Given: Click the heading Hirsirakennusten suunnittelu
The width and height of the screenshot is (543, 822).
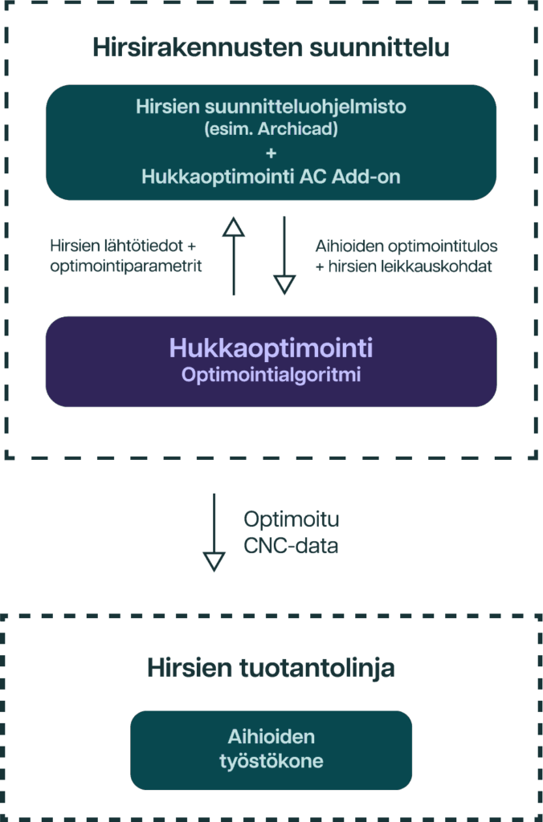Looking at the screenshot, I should pyautogui.click(x=271, y=47).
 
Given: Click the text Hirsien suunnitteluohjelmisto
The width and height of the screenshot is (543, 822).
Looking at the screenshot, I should pyautogui.click(x=271, y=107).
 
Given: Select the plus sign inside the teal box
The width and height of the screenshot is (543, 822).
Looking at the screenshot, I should pyautogui.click(x=271, y=152).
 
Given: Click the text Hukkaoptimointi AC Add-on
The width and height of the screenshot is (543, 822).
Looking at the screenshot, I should pyautogui.click(x=271, y=177).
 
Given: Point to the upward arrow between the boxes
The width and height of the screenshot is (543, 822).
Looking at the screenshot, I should pyautogui.click(x=233, y=255).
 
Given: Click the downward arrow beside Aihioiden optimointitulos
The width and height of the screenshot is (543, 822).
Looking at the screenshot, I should pyautogui.click(x=284, y=255).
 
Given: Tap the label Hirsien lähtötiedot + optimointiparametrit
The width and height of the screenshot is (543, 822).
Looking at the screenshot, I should pyautogui.click(x=125, y=256).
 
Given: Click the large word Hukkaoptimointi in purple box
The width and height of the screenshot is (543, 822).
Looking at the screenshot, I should pyautogui.click(x=271, y=348).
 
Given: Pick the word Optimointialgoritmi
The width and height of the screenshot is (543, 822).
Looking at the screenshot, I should pyautogui.click(x=271, y=374).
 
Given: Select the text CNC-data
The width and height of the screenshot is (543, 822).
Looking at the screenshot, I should pyautogui.click(x=291, y=546).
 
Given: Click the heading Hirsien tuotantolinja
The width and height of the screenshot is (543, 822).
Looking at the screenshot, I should pyautogui.click(x=271, y=668).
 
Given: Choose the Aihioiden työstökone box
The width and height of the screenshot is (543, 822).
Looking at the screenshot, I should pyautogui.click(x=271, y=749).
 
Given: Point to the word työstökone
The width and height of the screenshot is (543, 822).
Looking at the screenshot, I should pyautogui.click(x=271, y=761).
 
